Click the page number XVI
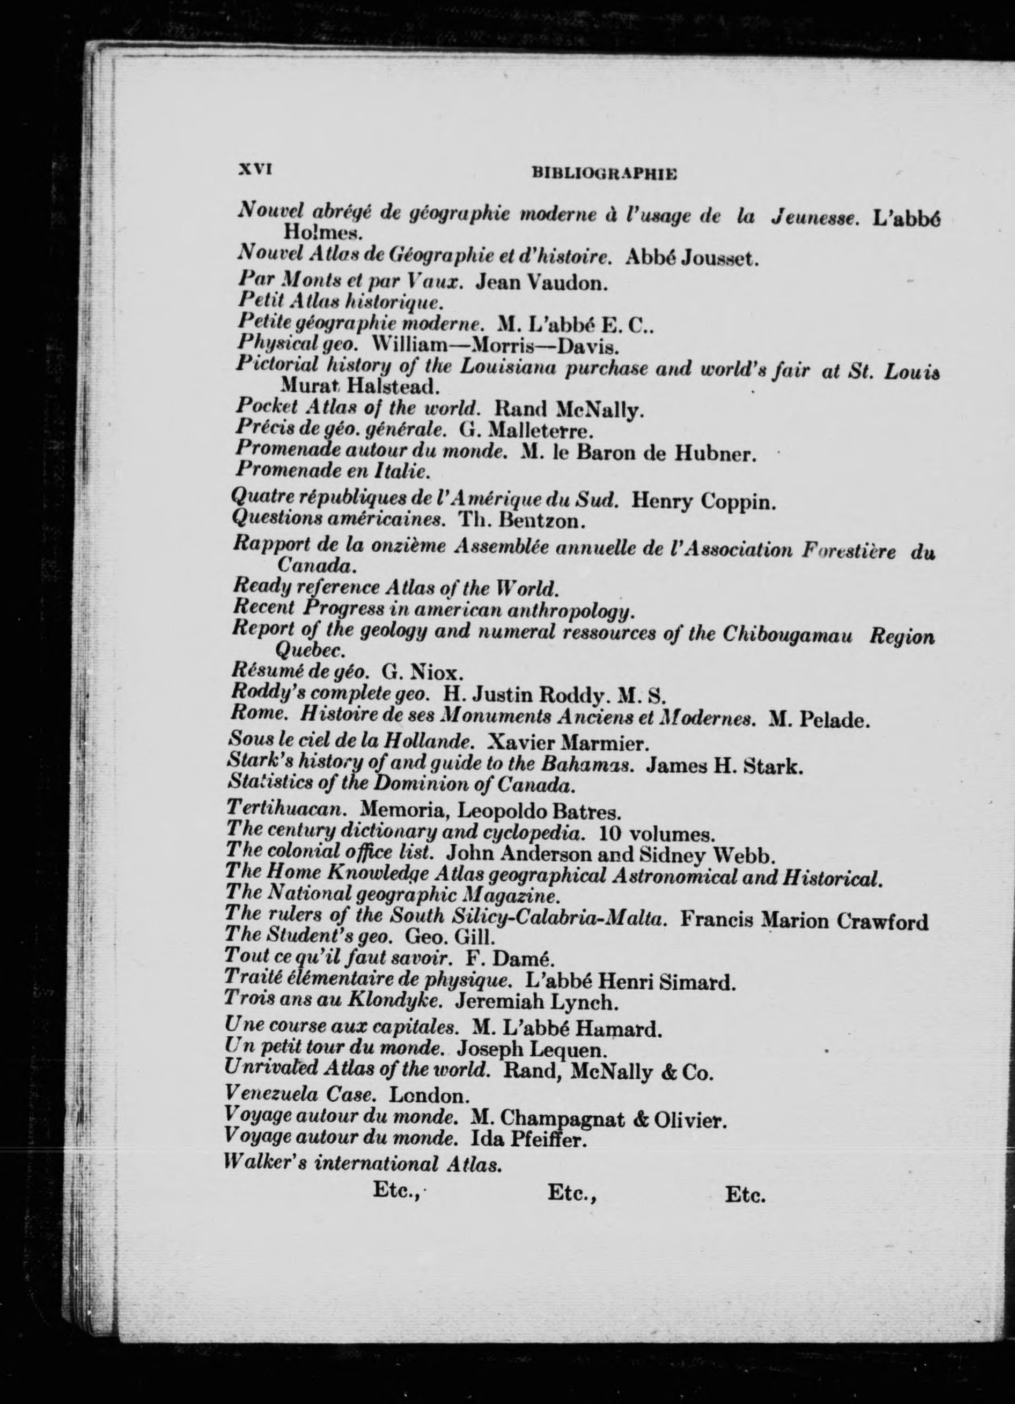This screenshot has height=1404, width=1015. pyautogui.click(x=255, y=169)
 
